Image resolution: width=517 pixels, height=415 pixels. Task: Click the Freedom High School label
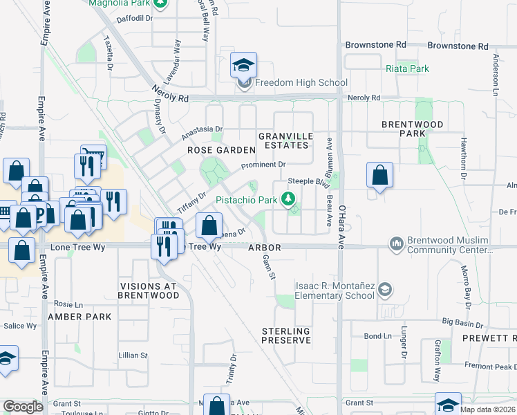point(301,83)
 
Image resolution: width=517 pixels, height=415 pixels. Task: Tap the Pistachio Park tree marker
point(292,200)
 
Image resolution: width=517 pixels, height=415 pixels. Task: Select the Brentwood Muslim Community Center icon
point(397,243)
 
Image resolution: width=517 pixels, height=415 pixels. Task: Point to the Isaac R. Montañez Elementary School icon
point(386,289)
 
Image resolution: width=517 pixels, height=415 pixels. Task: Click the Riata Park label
point(407,68)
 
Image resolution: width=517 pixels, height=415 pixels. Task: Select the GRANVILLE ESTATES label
point(283,140)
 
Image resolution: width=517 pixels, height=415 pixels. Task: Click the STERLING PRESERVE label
point(285,336)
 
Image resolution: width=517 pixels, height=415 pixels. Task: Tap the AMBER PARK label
point(79,316)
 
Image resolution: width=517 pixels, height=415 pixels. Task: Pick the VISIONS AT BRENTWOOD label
point(149,290)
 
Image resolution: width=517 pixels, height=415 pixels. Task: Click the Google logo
point(23,407)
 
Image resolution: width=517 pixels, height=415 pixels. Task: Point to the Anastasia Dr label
point(203,129)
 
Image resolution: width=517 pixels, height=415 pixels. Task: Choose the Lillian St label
point(133,355)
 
